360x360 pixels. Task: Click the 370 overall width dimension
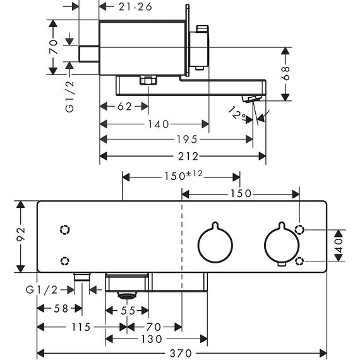pos(181,353)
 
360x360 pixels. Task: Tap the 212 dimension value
pos(188,157)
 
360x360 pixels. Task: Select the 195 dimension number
pos(187,140)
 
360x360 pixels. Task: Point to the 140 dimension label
pos(158,124)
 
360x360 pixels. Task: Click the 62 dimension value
pos(124,107)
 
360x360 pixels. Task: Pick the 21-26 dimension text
pos(135,7)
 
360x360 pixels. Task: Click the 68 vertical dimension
pos(286,73)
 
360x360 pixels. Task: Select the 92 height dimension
pos(21,234)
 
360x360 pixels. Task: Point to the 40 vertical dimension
pos(339,245)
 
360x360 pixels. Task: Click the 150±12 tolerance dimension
pos(183,176)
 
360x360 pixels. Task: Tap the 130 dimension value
pos(152,339)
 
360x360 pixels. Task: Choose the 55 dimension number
pos(128,311)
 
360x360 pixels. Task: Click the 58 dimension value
pos(61,309)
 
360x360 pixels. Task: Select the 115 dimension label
pos(81,327)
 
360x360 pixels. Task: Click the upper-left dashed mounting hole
pos(65,230)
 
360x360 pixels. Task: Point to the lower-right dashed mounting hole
pos(299,261)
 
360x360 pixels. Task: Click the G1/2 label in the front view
pos(42,290)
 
